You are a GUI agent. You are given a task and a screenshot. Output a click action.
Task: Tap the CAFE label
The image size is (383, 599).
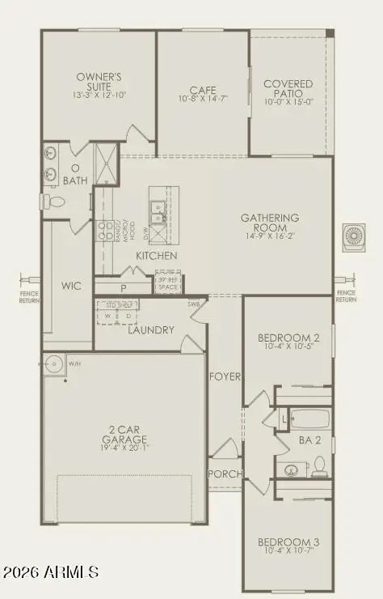tap(201, 91)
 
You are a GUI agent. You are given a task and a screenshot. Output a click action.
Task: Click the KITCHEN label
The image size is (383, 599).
tap(157, 256)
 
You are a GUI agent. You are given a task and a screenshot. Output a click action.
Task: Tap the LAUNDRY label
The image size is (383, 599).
tap(150, 330)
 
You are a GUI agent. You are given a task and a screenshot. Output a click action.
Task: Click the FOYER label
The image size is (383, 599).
tap(224, 377)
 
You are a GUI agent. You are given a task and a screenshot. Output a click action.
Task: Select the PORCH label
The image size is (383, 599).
tap(224, 474)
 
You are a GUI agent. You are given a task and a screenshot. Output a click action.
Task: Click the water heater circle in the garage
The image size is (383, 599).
tap(55, 363)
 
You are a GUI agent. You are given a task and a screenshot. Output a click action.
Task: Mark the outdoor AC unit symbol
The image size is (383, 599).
tap(354, 236)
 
